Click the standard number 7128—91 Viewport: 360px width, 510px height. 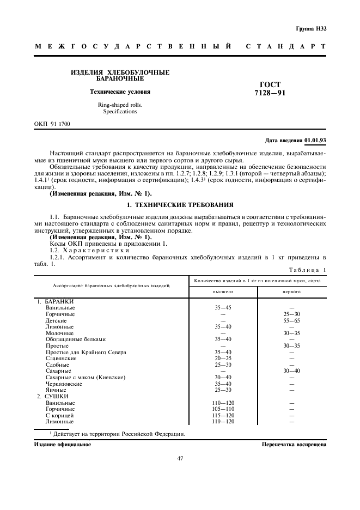tap(270, 93)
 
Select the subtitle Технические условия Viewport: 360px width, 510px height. tap(120, 92)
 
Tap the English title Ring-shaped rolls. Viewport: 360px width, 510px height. tap(120, 105)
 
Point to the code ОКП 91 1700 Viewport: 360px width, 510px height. tap(52, 124)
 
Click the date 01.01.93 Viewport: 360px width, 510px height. tap(315, 141)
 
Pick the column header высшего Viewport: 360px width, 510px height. tap(223, 292)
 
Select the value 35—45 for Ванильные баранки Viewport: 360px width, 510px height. tap(223, 308)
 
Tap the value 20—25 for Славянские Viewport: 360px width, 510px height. tap(223, 359)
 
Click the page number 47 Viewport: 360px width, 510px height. tap(180, 458)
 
